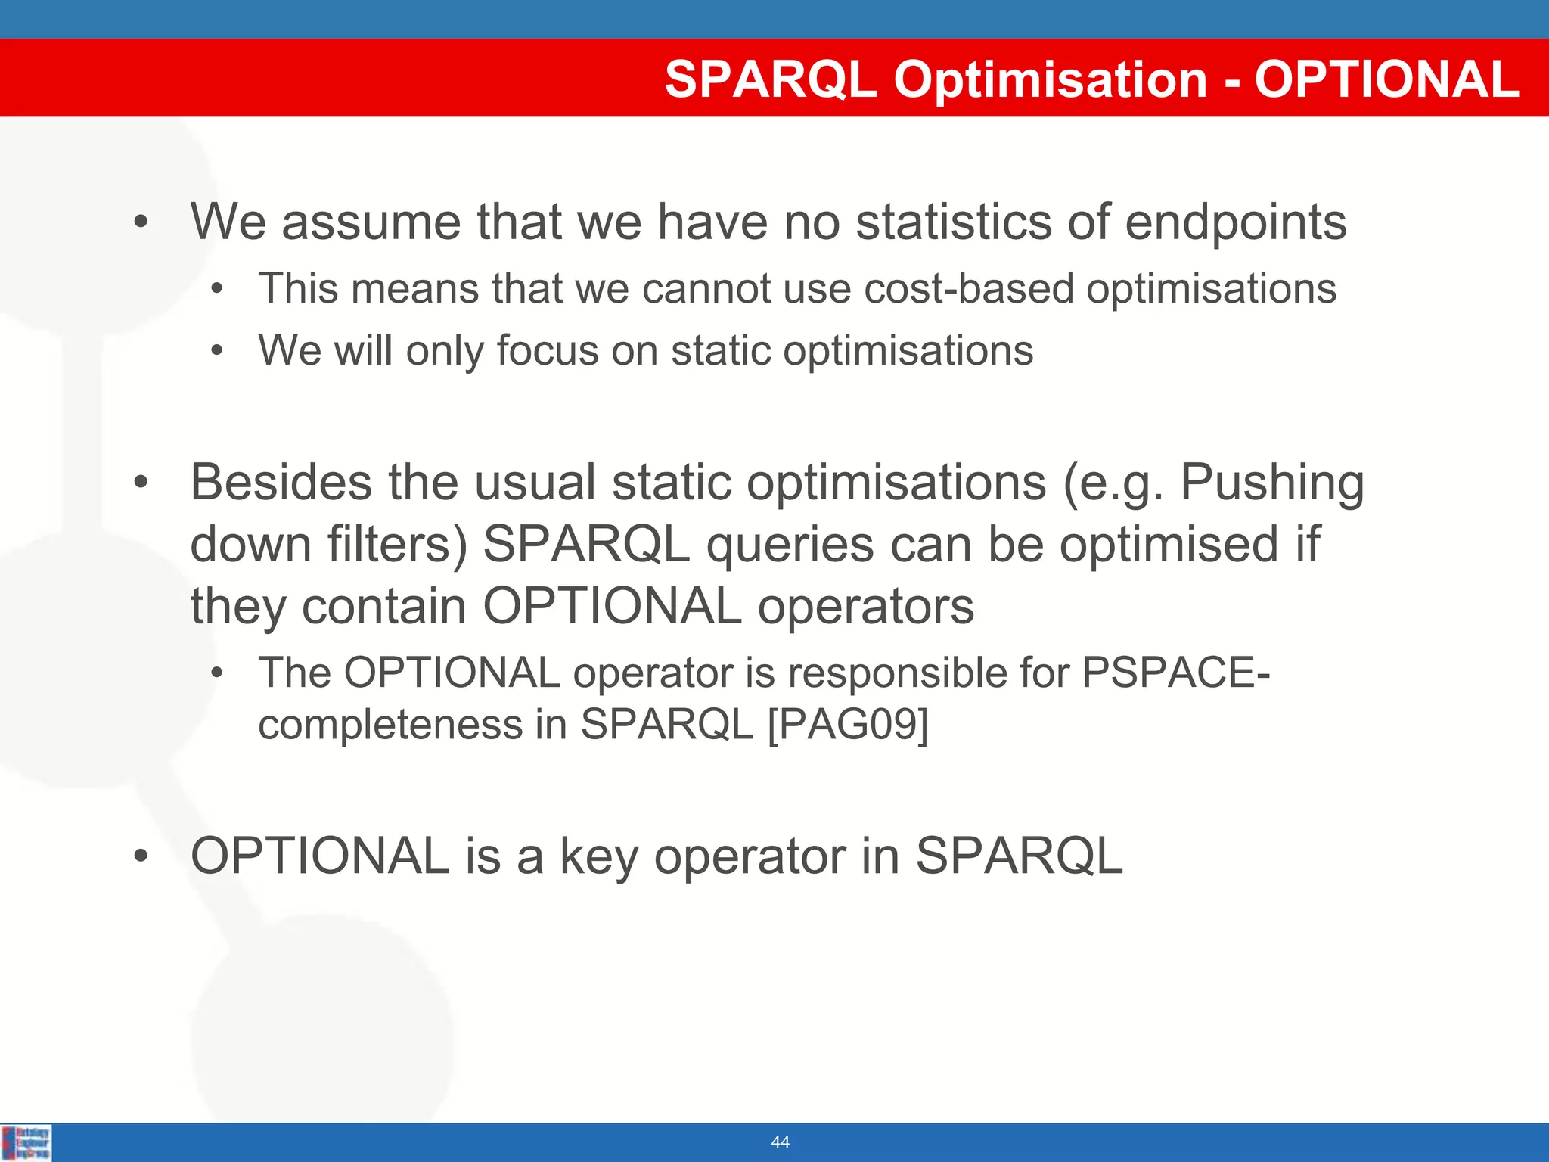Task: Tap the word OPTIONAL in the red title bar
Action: point(1386,79)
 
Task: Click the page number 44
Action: point(780,1142)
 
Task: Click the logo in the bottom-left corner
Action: point(26,1142)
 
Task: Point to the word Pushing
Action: point(1271,482)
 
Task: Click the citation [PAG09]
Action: point(847,725)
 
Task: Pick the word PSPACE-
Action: point(1175,672)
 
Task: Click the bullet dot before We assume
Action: point(140,222)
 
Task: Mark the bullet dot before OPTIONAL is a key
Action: point(140,857)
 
